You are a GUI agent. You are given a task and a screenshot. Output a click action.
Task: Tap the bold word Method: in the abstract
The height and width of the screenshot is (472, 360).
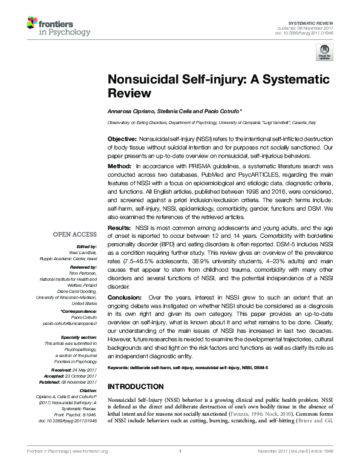[119, 166]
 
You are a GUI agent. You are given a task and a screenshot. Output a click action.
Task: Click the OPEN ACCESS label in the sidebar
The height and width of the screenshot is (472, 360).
[74, 234]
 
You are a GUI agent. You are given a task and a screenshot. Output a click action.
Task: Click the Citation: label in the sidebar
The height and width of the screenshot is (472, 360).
[87, 392]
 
